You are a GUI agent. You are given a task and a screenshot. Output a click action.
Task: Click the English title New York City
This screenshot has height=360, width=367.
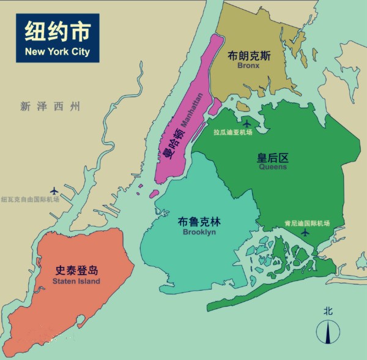pos(57,51)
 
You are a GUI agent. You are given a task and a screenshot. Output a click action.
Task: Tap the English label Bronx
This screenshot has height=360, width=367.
pos(249,65)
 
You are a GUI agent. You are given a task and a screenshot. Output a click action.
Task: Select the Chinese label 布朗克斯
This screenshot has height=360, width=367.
pos(249,55)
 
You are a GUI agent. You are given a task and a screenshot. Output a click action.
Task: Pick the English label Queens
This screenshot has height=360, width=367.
pos(273,167)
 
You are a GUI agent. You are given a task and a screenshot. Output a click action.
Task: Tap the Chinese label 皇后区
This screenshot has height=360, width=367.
pos(272,157)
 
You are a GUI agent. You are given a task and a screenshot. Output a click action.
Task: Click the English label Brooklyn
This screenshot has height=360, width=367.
pos(199,232)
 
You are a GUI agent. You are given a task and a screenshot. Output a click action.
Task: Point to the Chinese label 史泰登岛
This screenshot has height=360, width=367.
pos(76,270)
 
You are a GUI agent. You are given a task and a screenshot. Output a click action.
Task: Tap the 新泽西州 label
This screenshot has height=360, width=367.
pos(50,107)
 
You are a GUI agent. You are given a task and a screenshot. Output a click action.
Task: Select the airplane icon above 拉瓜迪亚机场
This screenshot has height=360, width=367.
pos(247,120)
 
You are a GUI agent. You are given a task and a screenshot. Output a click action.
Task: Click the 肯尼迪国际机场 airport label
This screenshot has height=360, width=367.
pos(307,223)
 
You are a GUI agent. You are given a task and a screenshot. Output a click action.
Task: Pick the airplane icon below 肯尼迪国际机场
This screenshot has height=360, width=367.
pos(306,233)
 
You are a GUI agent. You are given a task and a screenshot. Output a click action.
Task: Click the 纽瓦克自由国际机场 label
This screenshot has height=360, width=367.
pos(30,199)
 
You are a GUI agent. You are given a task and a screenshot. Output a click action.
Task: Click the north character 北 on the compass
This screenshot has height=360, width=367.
pos(328,311)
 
